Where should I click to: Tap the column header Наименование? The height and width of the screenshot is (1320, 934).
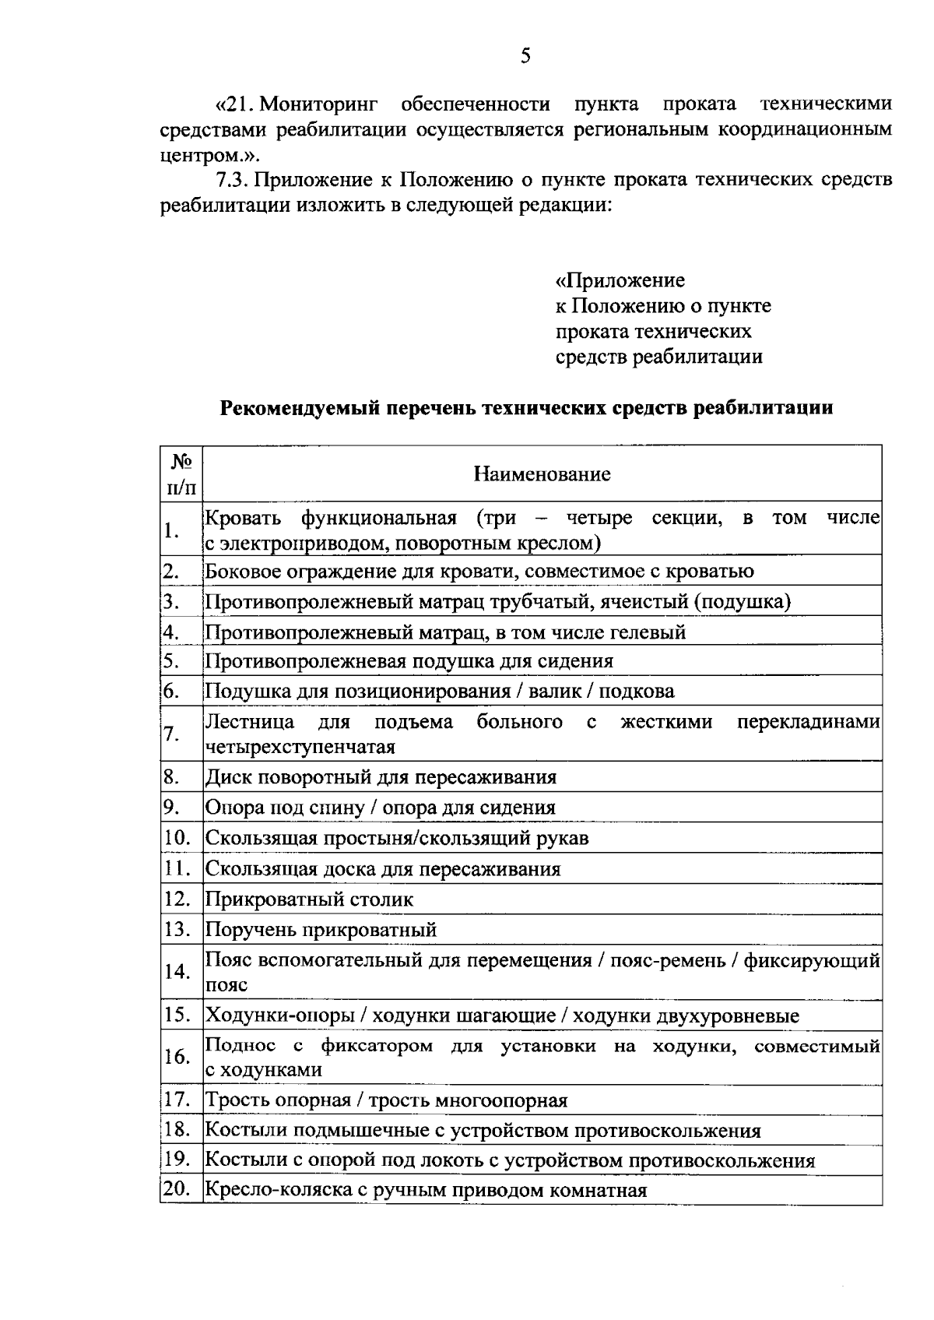(x=542, y=473)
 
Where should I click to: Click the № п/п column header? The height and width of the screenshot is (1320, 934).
(x=181, y=473)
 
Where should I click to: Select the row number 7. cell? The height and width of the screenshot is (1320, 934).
(x=173, y=734)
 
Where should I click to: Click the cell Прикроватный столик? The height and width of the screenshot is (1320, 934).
(x=309, y=899)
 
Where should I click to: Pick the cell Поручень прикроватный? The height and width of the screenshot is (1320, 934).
(x=321, y=930)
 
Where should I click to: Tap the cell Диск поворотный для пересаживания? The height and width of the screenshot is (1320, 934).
(x=381, y=777)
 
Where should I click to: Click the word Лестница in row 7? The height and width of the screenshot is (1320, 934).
(x=249, y=722)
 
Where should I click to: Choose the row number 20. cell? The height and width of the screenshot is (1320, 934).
(x=177, y=1190)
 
